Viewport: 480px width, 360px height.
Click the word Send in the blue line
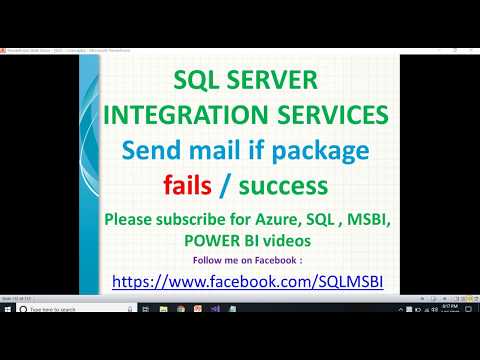pos(147,151)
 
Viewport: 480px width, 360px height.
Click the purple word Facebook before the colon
pos(272,260)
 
